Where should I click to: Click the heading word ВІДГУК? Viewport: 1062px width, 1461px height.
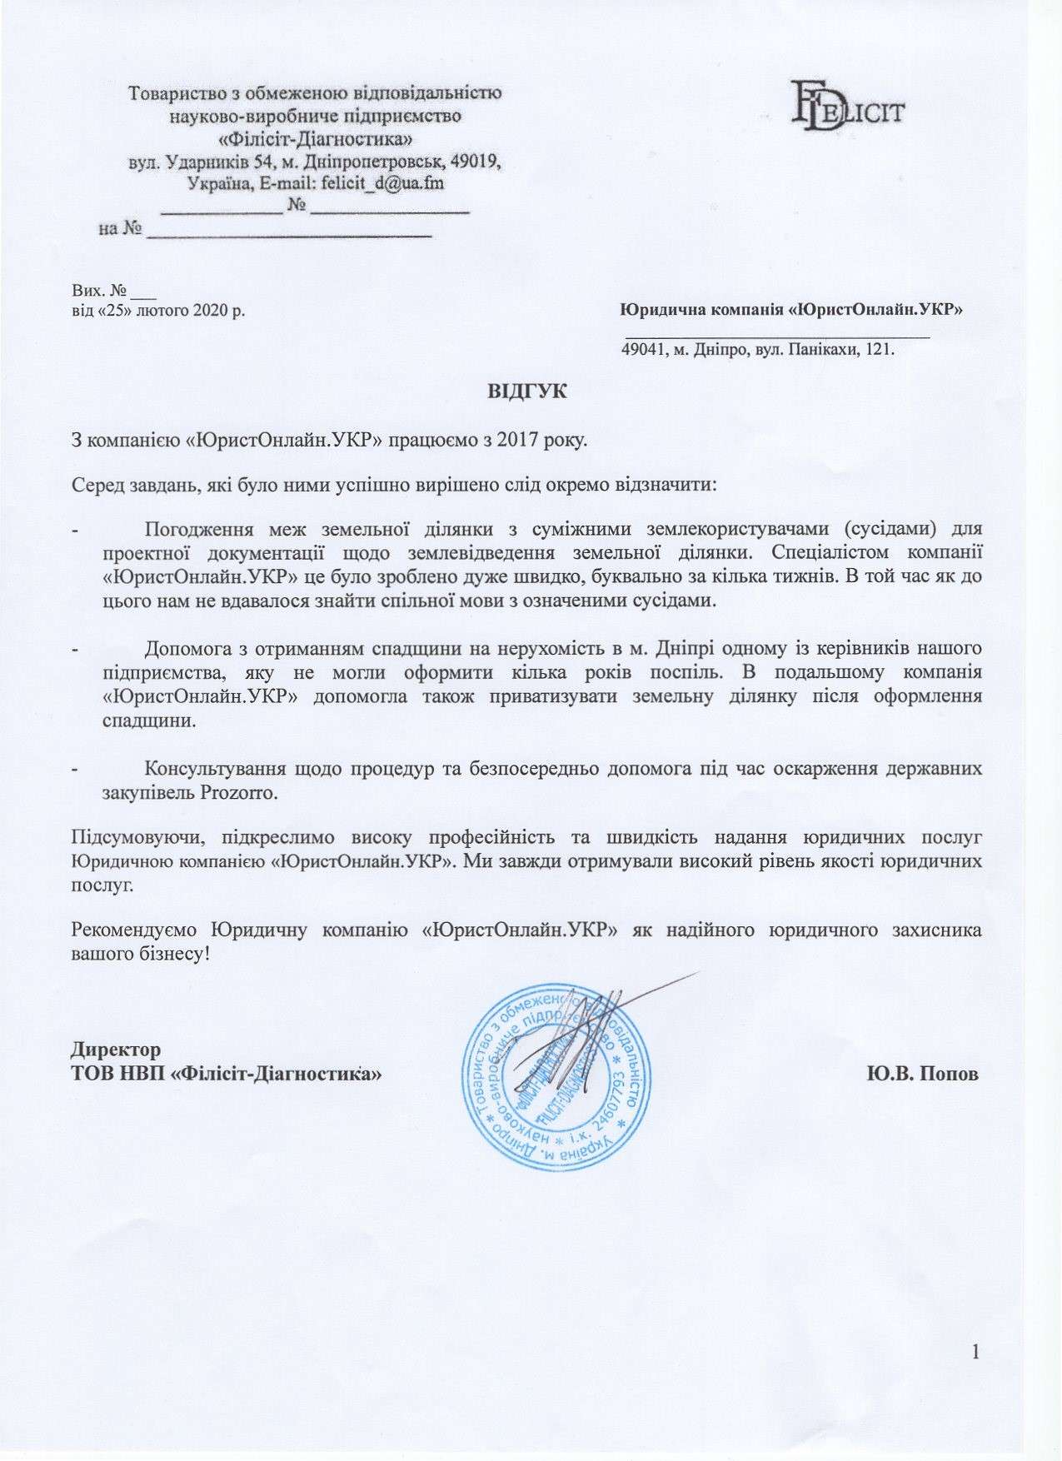pyautogui.click(x=527, y=391)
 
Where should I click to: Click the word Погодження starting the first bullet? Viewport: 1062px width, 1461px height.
pyautogui.click(x=199, y=529)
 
